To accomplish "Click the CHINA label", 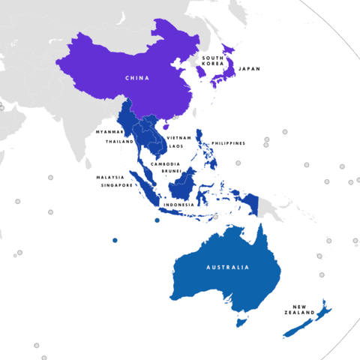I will point(137,77).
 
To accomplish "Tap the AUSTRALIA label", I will point(228,267).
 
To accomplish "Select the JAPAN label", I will point(248,69).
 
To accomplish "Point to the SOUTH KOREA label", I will point(213,61).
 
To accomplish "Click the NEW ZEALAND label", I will point(300,310).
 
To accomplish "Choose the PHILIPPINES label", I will point(228,142).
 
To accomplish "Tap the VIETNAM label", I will point(179,139).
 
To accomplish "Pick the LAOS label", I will point(175,146).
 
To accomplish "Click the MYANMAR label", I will point(109,131).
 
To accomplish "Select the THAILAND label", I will point(119,141).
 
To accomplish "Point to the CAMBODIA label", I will point(164,163).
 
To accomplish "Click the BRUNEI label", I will point(171,171).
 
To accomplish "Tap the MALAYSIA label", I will point(110,177).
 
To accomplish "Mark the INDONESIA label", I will point(179,204).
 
